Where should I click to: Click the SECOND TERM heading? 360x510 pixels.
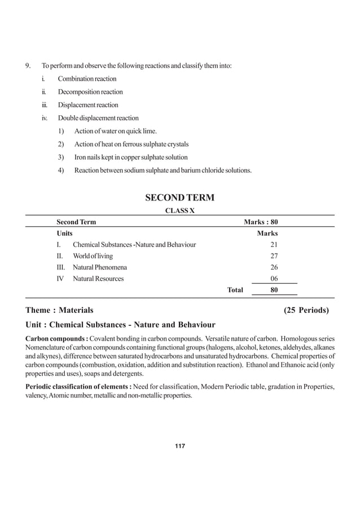[179, 198]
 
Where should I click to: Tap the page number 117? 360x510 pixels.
[179, 447]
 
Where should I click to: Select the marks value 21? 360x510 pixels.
[274, 245]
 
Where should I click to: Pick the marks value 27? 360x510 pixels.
[274, 256]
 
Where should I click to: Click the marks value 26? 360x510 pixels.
[274, 267]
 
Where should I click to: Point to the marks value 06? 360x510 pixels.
[274, 278]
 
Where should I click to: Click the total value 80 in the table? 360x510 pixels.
[274, 290]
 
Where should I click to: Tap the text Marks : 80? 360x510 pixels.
[260, 222]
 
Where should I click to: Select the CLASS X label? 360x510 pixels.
[179, 210]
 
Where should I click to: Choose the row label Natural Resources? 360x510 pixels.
[98, 278]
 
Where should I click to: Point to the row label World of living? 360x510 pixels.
[93, 256]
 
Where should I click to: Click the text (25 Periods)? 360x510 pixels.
[306, 310]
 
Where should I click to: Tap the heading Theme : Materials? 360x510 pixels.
[60, 310]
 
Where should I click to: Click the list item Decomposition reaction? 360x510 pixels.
[90, 91]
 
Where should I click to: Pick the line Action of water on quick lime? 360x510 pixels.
[115, 131]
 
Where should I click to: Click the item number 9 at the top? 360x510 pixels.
[28, 66]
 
